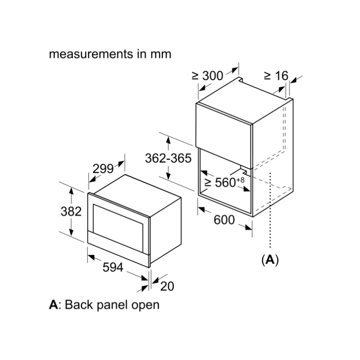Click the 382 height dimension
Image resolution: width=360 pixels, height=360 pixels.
tap(71, 211)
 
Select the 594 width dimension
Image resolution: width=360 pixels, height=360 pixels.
tap(113, 267)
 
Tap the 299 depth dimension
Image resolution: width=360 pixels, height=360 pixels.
tap(103, 169)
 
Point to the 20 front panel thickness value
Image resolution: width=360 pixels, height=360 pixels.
tap(167, 286)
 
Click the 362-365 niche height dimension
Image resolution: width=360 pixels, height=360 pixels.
tap(168, 158)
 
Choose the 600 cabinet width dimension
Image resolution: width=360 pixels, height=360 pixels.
tap(224, 220)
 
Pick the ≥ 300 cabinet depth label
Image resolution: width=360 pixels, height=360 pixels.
tap(207, 76)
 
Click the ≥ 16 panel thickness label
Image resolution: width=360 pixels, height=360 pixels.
tap(276, 76)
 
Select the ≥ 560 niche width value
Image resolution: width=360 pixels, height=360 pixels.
tap(220, 183)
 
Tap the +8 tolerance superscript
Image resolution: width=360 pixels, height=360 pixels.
tap(240, 180)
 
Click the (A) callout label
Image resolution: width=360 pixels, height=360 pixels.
tap(270, 260)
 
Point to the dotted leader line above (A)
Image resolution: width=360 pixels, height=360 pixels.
tap(270, 210)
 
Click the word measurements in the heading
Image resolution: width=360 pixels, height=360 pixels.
tap(91, 54)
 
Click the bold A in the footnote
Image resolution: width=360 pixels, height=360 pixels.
tap(53, 305)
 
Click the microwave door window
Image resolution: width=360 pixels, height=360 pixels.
tap(118, 227)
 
